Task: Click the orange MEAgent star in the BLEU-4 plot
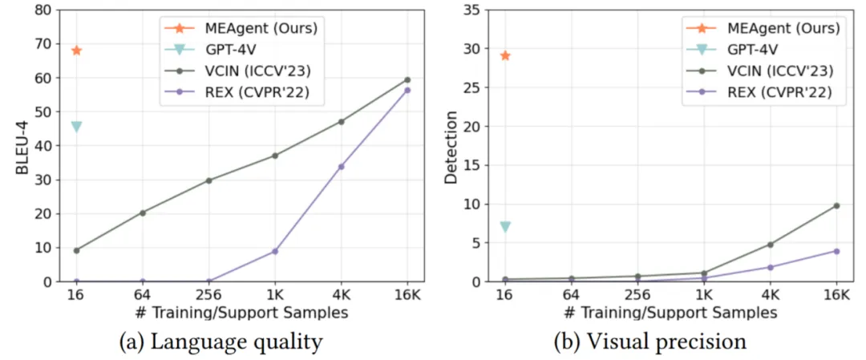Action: (x=76, y=51)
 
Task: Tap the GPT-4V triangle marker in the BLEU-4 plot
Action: (x=76, y=127)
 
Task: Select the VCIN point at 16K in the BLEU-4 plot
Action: (x=407, y=79)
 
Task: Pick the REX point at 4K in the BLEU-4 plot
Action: (x=341, y=167)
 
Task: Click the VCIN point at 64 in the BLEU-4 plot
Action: (x=143, y=212)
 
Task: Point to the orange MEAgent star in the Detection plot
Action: (x=504, y=55)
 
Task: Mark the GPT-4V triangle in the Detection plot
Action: (x=504, y=227)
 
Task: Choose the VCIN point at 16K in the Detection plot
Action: (x=836, y=205)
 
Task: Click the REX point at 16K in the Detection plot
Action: (x=836, y=251)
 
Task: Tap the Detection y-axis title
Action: (x=451, y=146)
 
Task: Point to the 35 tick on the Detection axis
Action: (x=471, y=11)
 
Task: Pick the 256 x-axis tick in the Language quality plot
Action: (x=208, y=294)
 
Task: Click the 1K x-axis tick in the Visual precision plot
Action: (x=703, y=294)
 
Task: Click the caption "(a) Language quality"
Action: (x=221, y=342)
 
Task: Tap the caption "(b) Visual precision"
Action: (x=649, y=342)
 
